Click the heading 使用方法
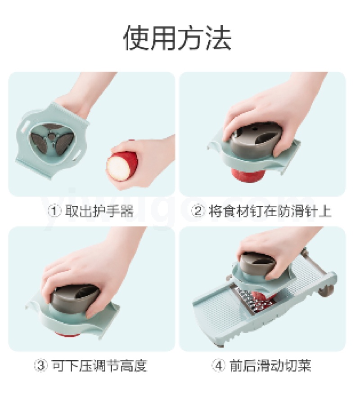(x=177, y=38)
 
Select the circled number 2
(x=198, y=211)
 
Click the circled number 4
(x=219, y=366)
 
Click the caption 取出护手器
(x=99, y=211)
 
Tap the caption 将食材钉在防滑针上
(x=270, y=211)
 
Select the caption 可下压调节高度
(x=99, y=366)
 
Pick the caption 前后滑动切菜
(x=270, y=366)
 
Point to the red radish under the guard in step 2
(x=247, y=174)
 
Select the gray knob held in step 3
(x=74, y=300)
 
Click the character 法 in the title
(x=218, y=38)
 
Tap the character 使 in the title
(x=136, y=38)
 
